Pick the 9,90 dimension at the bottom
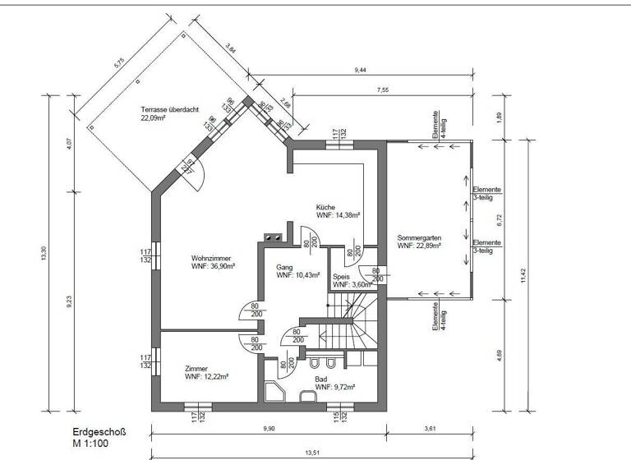click(269, 429)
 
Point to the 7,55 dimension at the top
click(382, 88)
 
